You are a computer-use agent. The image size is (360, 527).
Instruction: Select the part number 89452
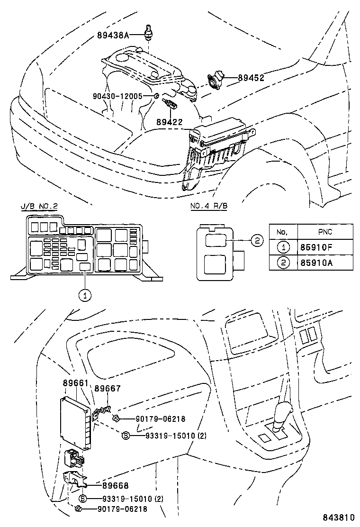tap(251, 78)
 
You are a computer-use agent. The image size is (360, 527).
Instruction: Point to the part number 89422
tap(169, 122)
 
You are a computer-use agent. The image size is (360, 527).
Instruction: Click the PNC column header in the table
tap(324, 232)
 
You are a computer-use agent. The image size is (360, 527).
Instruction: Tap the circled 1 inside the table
tap(283, 246)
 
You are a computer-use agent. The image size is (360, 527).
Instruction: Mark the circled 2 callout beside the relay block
tap(256, 241)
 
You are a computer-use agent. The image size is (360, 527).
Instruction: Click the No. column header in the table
tap(283, 232)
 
